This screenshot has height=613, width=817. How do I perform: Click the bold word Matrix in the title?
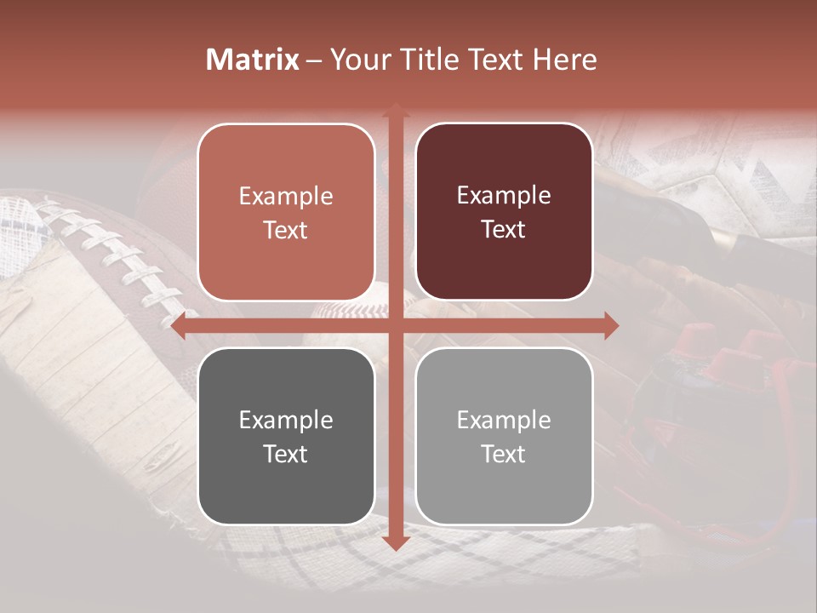253,60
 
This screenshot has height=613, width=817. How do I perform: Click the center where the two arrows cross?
395,325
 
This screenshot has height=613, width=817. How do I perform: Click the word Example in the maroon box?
504,195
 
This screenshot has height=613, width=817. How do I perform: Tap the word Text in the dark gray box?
285,454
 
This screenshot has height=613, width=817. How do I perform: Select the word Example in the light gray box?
504,420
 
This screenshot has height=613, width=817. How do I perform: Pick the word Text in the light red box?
285,230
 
